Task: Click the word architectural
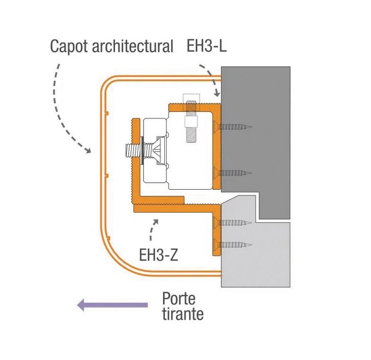(133, 46)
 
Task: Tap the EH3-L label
(207, 46)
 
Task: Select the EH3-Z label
(159, 255)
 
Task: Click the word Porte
(179, 299)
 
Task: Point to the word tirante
(183, 314)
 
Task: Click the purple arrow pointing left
(113, 305)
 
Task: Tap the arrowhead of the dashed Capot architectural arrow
(88, 150)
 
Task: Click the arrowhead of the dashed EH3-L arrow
(217, 94)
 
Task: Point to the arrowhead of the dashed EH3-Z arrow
(156, 222)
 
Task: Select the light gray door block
(256, 256)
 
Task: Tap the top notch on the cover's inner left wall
(106, 113)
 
